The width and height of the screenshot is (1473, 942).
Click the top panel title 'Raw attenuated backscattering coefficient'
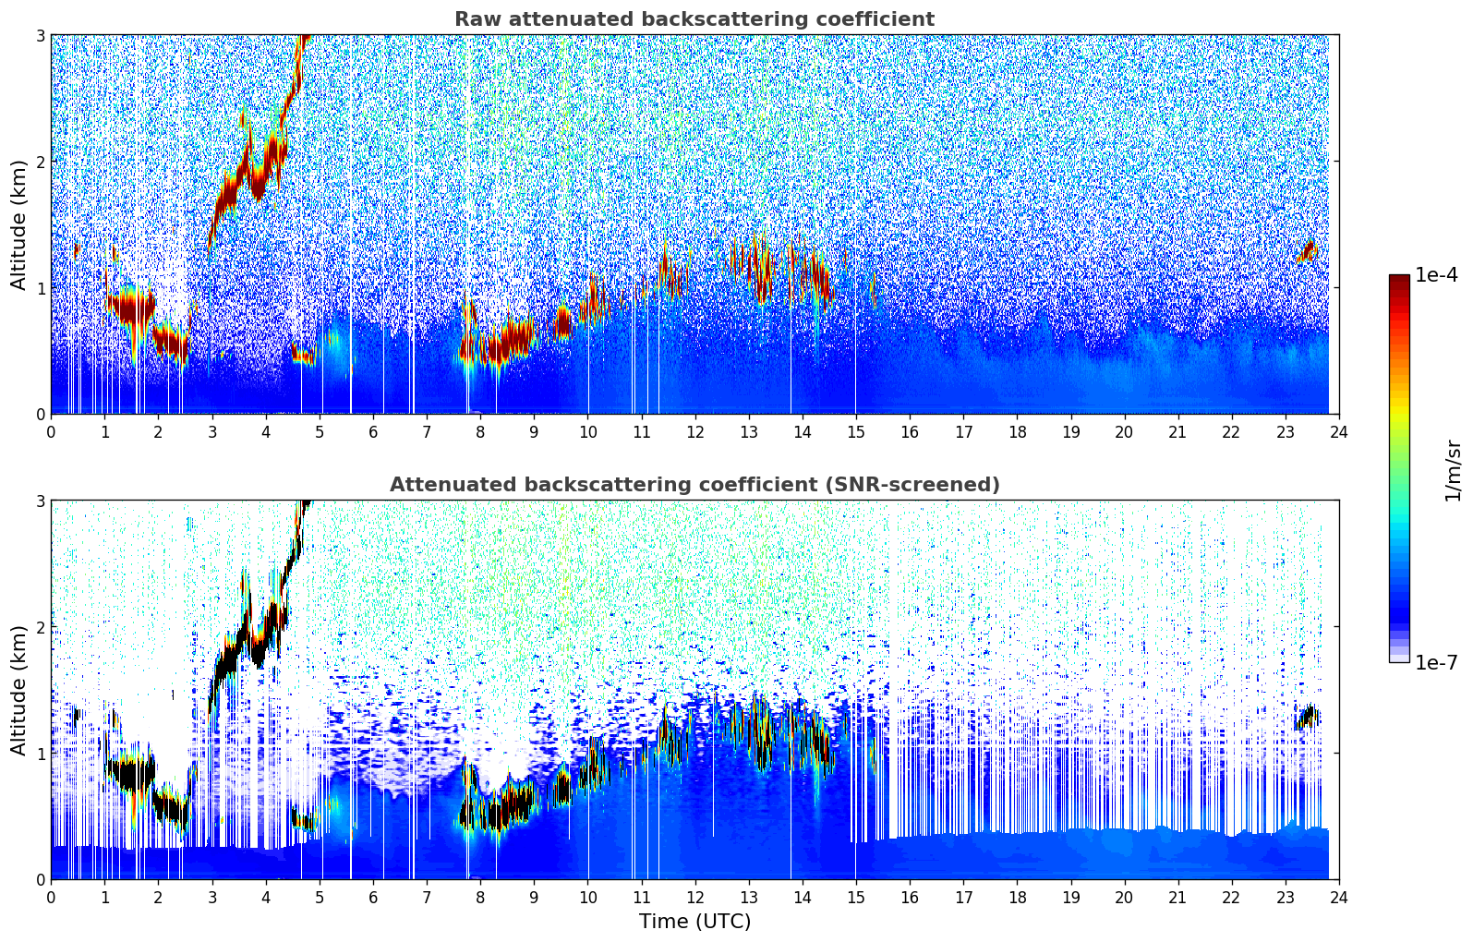tap(694, 19)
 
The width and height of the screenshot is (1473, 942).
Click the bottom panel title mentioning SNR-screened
tap(694, 485)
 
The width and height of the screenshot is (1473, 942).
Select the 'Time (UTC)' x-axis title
tap(694, 922)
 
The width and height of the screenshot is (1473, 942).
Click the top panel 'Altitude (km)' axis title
tap(19, 224)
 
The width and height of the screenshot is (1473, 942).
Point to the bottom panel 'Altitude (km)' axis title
tap(19, 690)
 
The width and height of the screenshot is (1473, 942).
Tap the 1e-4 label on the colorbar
tap(1436, 275)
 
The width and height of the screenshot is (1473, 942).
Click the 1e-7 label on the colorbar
tap(1436, 662)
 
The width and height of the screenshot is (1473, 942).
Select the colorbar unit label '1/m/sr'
tap(1453, 471)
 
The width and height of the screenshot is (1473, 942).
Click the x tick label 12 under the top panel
tap(694, 432)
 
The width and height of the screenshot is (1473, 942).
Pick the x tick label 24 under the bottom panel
tap(1339, 898)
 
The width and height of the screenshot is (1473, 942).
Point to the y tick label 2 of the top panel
tap(40, 162)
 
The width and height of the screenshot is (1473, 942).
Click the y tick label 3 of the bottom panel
tap(40, 501)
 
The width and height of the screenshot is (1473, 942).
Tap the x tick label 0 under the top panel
tap(51, 432)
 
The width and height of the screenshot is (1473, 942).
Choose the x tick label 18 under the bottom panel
tap(1017, 898)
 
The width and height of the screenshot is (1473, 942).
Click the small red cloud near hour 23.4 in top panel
tap(1307, 251)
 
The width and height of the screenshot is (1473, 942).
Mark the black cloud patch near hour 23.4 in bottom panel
tap(1307, 717)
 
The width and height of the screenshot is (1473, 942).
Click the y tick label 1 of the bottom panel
tap(40, 754)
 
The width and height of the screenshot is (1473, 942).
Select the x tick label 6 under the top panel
tap(373, 432)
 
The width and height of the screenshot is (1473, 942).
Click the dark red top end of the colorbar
tap(1398, 279)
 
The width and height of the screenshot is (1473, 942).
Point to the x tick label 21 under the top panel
tap(1177, 432)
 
